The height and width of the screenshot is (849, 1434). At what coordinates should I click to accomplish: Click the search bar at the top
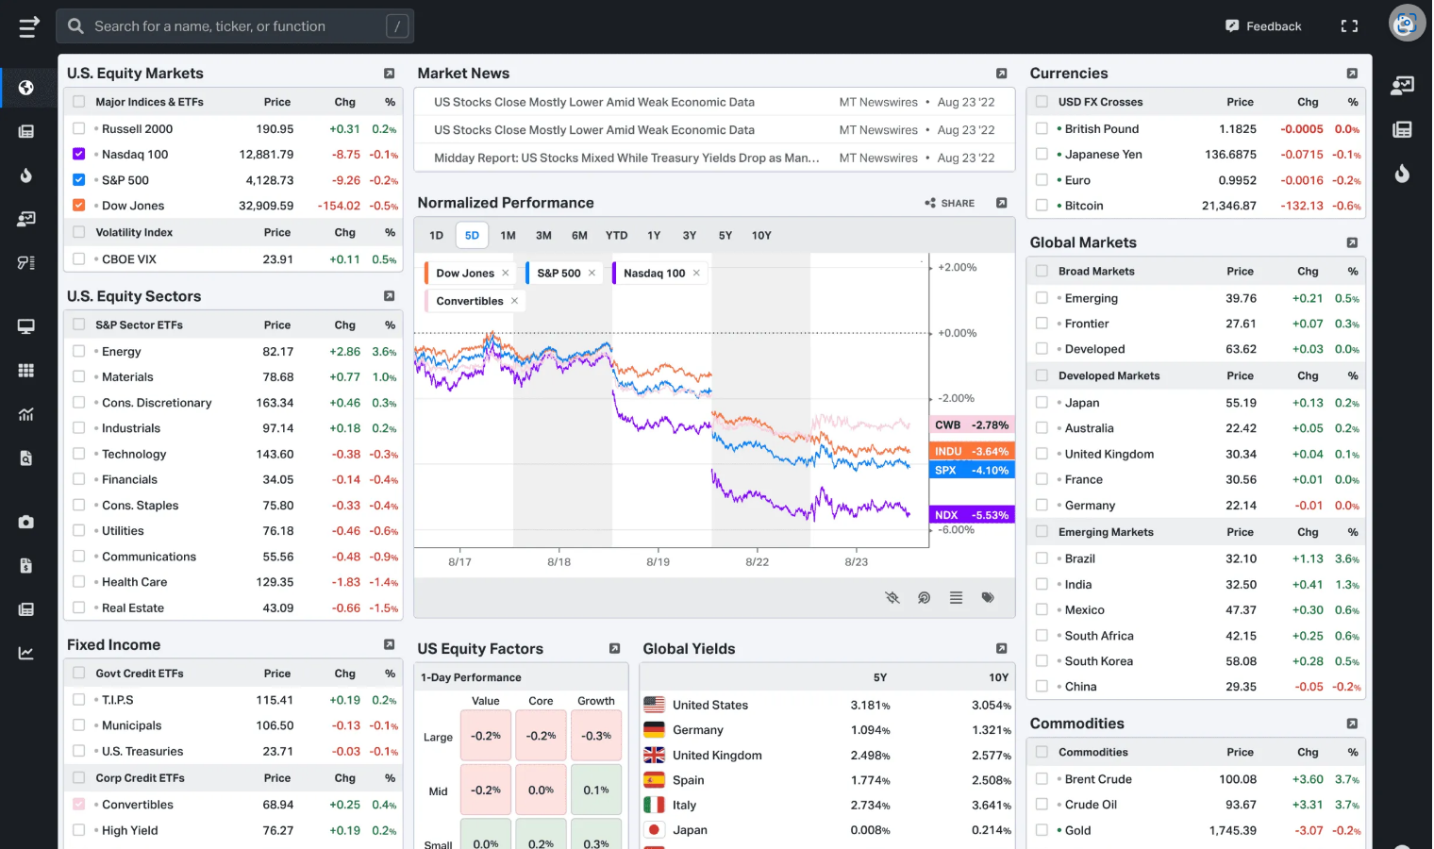point(234,26)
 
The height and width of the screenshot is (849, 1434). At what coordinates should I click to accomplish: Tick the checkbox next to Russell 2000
point(78,128)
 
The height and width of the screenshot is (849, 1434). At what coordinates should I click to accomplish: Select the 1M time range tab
point(508,235)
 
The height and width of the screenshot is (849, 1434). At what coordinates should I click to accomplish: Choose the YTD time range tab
point(616,235)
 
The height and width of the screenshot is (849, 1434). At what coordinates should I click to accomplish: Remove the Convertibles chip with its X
point(515,301)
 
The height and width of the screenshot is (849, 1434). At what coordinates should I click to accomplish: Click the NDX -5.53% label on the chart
point(971,515)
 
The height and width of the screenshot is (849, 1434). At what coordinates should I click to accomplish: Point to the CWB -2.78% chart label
point(971,424)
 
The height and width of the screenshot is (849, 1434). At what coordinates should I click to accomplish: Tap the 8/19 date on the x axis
point(658,562)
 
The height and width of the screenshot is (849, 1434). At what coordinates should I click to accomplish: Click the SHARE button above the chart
point(949,203)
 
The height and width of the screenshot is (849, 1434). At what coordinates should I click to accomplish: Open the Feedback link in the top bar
point(1263,26)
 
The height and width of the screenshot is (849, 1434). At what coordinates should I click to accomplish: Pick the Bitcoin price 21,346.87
point(1228,206)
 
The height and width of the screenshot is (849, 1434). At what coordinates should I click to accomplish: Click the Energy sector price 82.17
point(277,352)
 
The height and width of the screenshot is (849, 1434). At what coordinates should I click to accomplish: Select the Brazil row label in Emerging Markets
point(1079,558)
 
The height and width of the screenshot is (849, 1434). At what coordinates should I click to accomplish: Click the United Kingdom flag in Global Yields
point(654,755)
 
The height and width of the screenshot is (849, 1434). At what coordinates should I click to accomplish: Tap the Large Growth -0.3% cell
point(596,736)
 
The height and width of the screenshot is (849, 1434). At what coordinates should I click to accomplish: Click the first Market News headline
point(594,102)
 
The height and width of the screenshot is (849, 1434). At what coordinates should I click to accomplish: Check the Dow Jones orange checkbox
point(78,205)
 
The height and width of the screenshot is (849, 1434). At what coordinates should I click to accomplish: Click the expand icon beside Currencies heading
point(1352,74)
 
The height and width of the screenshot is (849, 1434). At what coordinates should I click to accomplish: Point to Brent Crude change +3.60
point(1308,779)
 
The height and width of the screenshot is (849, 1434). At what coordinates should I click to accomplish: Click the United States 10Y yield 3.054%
point(991,705)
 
